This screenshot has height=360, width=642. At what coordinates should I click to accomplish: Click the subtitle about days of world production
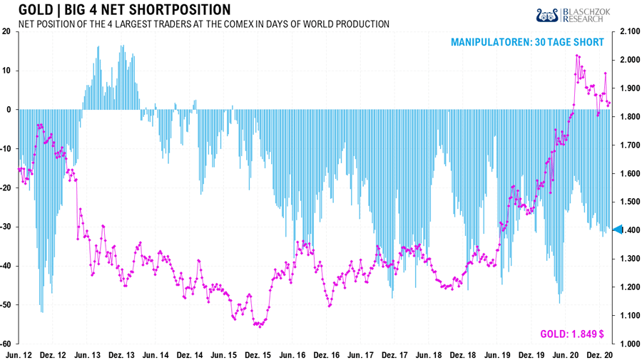click(x=203, y=24)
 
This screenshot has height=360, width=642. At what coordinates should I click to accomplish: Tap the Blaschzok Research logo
click(x=579, y=15)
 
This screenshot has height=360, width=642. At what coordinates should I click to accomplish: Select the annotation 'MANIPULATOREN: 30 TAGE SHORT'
click(x=527, y=43)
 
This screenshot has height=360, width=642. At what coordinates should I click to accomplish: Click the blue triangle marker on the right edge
click(x=618, y=229)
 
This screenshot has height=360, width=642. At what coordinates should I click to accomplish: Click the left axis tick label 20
click(x=6, y=31)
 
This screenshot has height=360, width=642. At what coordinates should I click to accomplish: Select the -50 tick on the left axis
click(x=6, y=304)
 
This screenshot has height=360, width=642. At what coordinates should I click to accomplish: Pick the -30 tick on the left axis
click(x=6, y=227)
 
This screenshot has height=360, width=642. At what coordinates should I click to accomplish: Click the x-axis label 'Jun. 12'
click(x=19, y=354)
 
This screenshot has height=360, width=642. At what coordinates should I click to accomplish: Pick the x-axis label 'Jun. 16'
click(x=293, y=354)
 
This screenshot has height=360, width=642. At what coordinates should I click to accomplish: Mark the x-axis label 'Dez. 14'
click(x=190, y=354)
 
